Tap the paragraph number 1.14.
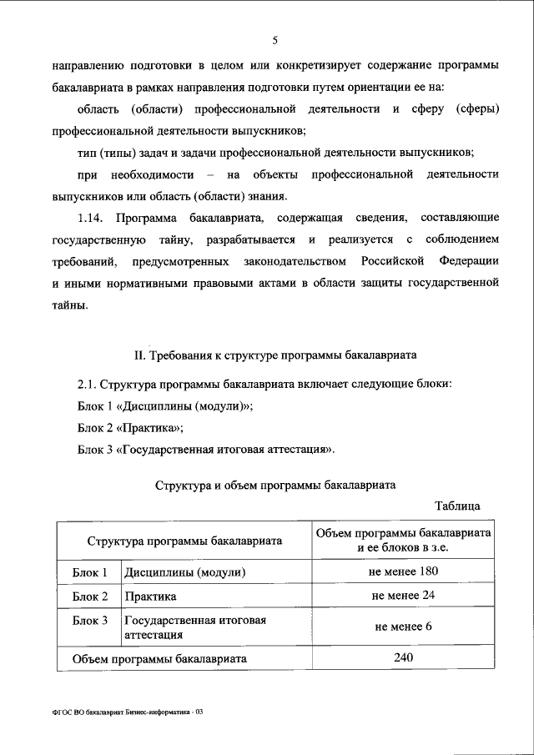pos(90,219)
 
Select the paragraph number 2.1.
pos(86,385)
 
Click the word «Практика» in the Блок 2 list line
pos(150,428)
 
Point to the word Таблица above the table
pos(457,506)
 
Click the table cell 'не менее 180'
pos(403,572)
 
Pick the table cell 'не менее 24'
pos(403,596)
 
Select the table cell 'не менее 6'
pos(403,627)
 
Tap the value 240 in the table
pos(403,658)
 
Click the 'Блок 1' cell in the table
pos(90,573)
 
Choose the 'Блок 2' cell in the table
pos(90,596)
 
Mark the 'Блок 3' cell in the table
pos(90,621)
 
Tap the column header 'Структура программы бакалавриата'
pos(184,541)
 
